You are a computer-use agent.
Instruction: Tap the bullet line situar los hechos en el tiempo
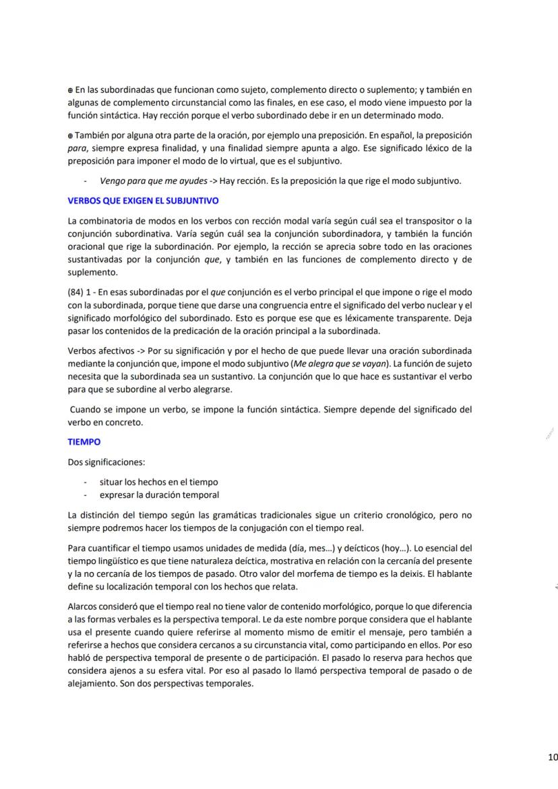click(158, 482)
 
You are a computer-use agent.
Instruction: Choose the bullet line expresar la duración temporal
click(159, 495)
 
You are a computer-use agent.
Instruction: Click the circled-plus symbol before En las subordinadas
click(71, 90)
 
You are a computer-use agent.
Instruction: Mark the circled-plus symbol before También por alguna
click(71, 135)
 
